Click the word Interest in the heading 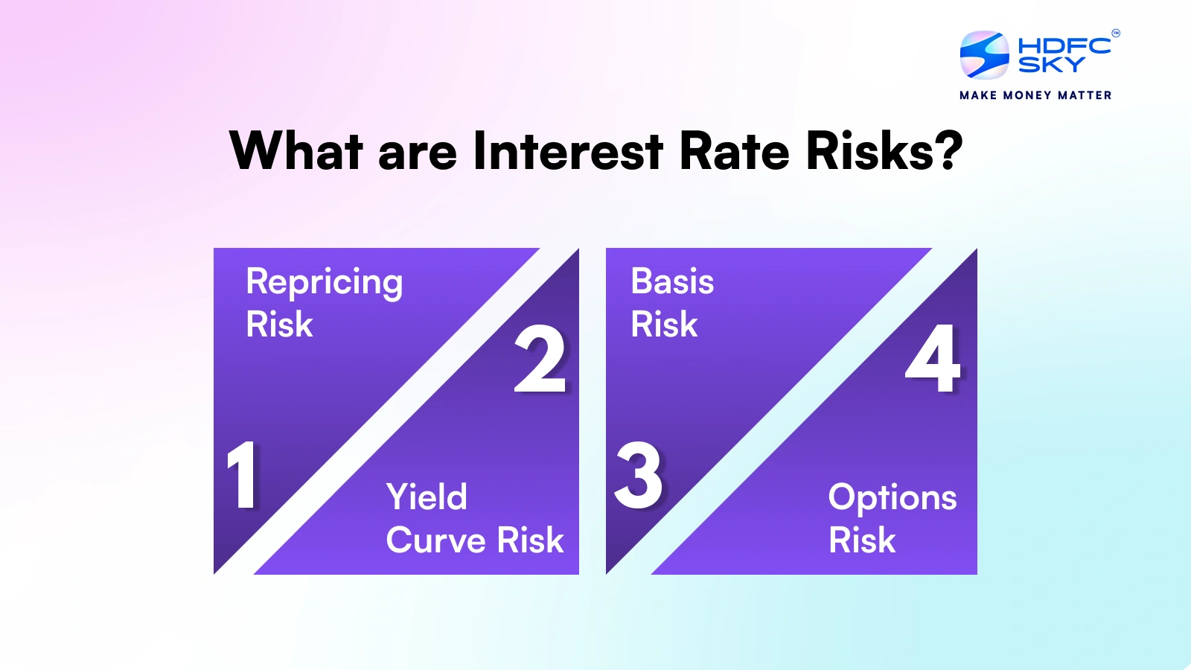coord(567,151)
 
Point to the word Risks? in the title coord(884,151)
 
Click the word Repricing coord(325,282)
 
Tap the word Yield coord(427,497)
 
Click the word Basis coord(672,281)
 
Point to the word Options coord(893,498)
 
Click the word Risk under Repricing coord(280,325)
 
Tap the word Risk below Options coord(862,540)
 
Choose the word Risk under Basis coord(664,325)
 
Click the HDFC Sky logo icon coord(984,55)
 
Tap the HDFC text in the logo coord(1064,45)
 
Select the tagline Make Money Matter coord(1035,95)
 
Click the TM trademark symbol coord(1116,33)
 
